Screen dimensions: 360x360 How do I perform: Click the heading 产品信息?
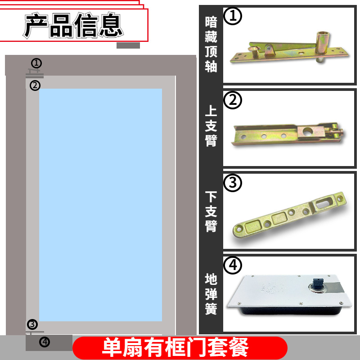tap(73, 26)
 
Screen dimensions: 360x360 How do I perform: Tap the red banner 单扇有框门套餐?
tap(180, 347)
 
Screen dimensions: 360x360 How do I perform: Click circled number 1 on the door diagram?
tap(36, 63)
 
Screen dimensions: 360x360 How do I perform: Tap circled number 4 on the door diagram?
tap(44, 342)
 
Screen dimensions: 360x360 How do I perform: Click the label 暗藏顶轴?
tap(211, 44)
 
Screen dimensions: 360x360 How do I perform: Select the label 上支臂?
tap(211, 126)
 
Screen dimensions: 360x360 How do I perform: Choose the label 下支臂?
tap(211, 211)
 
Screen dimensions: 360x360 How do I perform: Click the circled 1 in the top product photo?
tap(233, 16)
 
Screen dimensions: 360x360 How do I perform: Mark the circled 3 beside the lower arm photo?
tap(233, 183)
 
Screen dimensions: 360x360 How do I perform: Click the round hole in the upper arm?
tap(307, 132)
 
